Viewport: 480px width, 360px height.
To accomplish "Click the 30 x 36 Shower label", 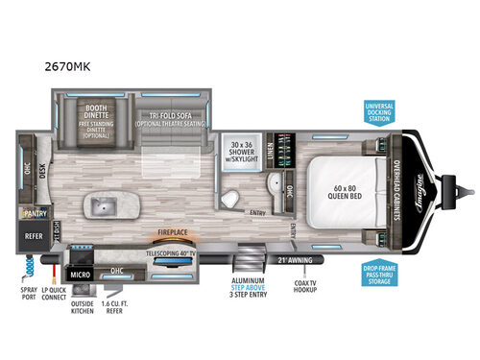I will pos(247,150).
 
